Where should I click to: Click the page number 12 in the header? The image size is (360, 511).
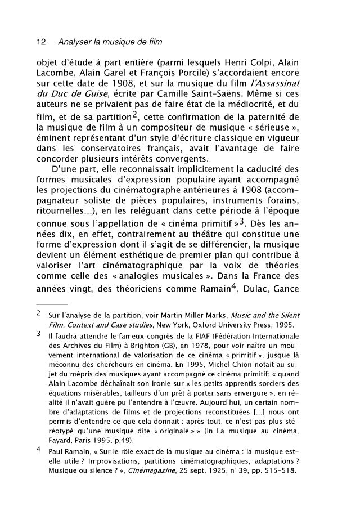tap(40, 42)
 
